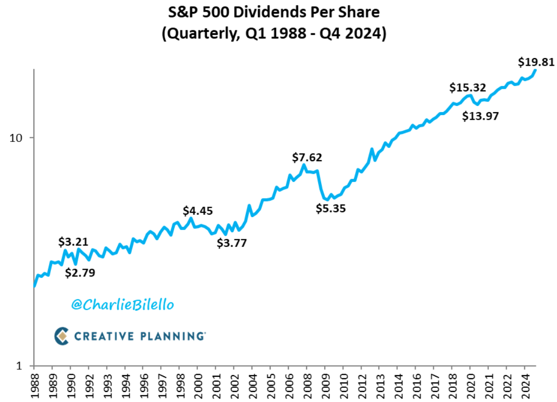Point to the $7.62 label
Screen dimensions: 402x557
point(307,158)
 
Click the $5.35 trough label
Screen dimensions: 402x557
point(331,208)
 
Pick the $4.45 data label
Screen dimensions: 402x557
point(197,210)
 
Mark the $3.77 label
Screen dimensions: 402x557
point(232,243)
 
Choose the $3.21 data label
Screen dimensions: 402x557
point(73,241)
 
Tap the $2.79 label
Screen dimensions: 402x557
point(80,273)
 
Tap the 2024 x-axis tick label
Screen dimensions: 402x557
point(525,385)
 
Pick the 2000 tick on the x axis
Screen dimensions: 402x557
point(198,385)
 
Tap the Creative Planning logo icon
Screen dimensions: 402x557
point(62,336)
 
